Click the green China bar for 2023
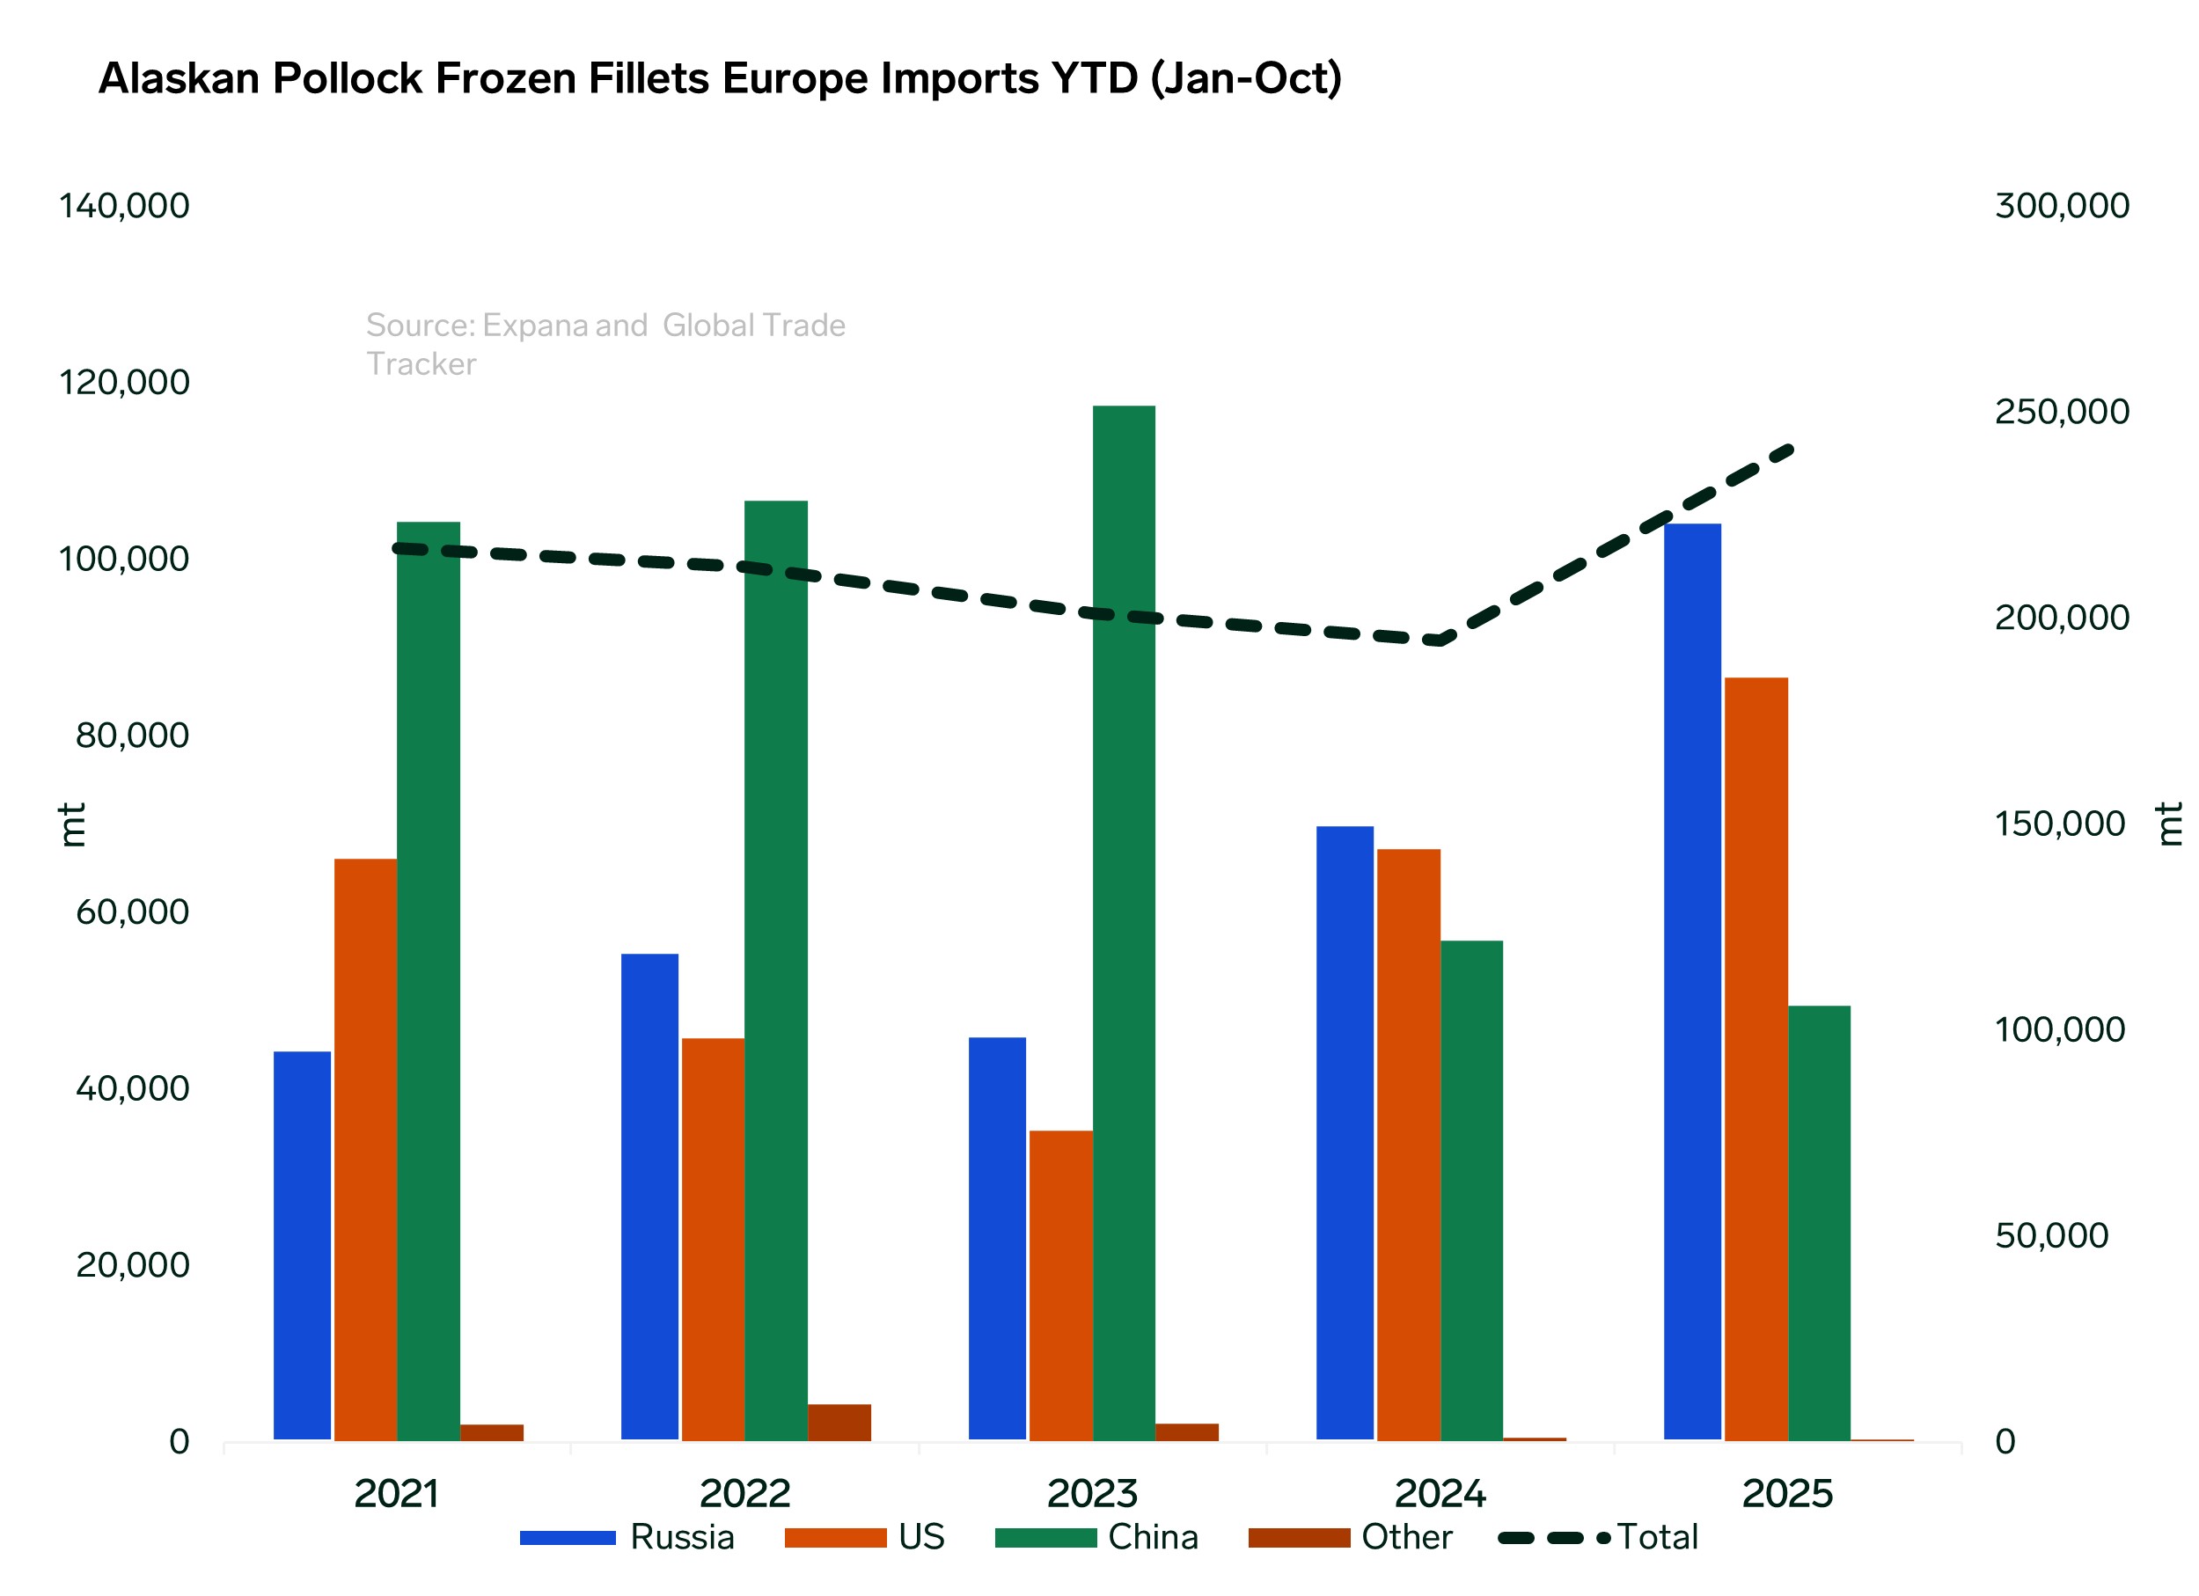pyautogui.click(x=1124, y=922)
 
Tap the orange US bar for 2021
pyautogui.click(x=365, y=1149)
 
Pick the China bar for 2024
pyautogui.click(x=1471, y=1190)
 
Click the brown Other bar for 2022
pyautogui.click(x=839, y=1422)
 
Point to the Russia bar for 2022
pyautogui.click(x=649, y=1197)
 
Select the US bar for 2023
pyautogui.click(x=1060, y=1285)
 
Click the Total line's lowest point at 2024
pyautogui.click(x=1440, y=640)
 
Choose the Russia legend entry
pyautogui.click(x=627, y=1537)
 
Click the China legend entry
pyautogui.click(x=1096, y=1537)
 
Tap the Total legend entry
pyautogui.click(x=1599, y=1537)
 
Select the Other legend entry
pyautogui.click(x=1351, y=1537)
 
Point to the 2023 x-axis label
pyautogui.click(x=1093, y=1493)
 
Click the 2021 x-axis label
pyautogui.click(x=397, y=1493)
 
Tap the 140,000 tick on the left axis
pyautogui.click(x=124, y=206)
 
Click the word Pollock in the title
pyautogui.click(x=347, y=78)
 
